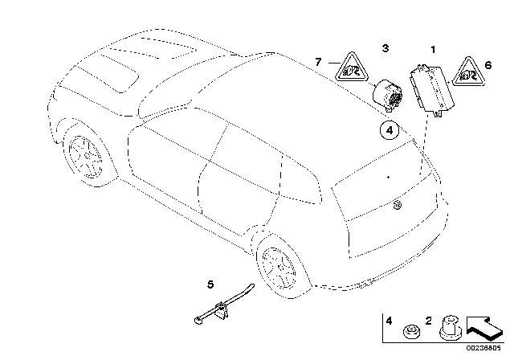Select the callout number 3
[x=385, y=49]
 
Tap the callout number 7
[x=318, y=61]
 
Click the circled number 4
[x=388, y=129]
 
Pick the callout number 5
[x=210, y=284]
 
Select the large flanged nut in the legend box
[x=450, y=326]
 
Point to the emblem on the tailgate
[x=396, y=207]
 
